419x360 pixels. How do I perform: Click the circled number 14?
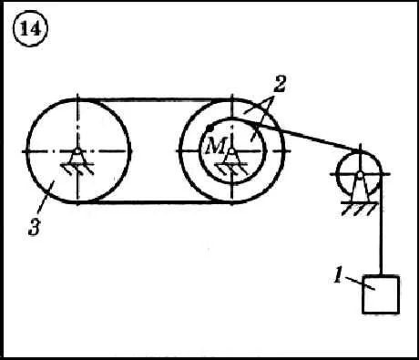[x=30, y=29]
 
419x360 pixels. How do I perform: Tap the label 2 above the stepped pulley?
[x=280, y=83]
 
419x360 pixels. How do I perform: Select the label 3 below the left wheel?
[x=35, y=227]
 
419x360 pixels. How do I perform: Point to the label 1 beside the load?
[x=338, y=275]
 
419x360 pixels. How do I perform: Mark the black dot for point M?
[x=209, y=128]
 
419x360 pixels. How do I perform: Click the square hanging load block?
[x=381, y=294]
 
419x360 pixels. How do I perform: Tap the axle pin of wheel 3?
[x=77, y=151]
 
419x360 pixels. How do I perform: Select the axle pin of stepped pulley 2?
[x=231, y=151]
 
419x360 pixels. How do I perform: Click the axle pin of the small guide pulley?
[x=360, y=174]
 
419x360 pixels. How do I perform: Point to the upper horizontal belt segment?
[x=155, y=99]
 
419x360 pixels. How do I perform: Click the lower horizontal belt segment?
[x=155, y=202]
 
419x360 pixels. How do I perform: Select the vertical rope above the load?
[x=381, y=225]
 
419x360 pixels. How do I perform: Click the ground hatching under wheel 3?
[x=77, y=169]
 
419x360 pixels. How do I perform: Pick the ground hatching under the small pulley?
[x=360, y=208]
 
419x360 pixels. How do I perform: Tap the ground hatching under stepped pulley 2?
[x=231, y=169]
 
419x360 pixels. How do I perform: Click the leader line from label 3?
[x=46, y=196]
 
